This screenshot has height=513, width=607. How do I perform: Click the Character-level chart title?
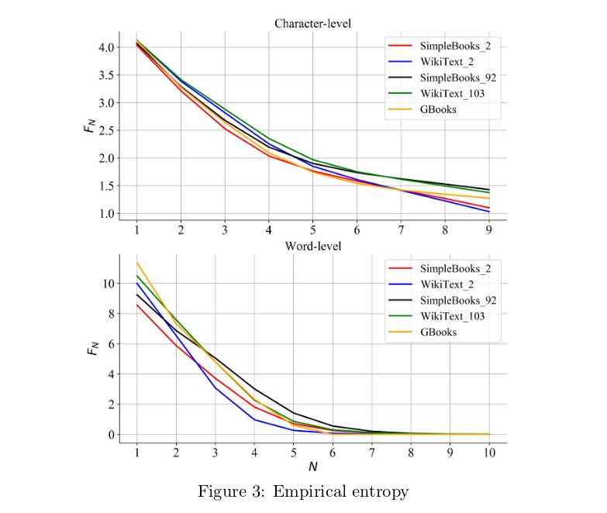point(312,23)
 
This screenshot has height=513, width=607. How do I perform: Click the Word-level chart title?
point(312,246)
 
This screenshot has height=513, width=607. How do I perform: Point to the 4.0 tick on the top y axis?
point(107,47)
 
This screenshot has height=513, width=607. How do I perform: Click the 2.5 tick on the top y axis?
point(107,130)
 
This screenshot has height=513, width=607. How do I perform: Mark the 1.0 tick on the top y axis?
point(107,214)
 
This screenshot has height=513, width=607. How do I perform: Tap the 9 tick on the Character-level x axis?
point(488,230)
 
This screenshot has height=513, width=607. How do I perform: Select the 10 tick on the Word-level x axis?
point(488,453)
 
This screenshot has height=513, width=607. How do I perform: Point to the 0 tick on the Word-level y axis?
point(112,435)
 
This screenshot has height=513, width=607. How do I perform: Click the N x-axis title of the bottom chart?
point(312,467)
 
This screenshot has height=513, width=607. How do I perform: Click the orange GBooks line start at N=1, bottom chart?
point(137,262)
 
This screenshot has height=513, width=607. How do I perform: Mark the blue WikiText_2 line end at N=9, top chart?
point(488,212)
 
